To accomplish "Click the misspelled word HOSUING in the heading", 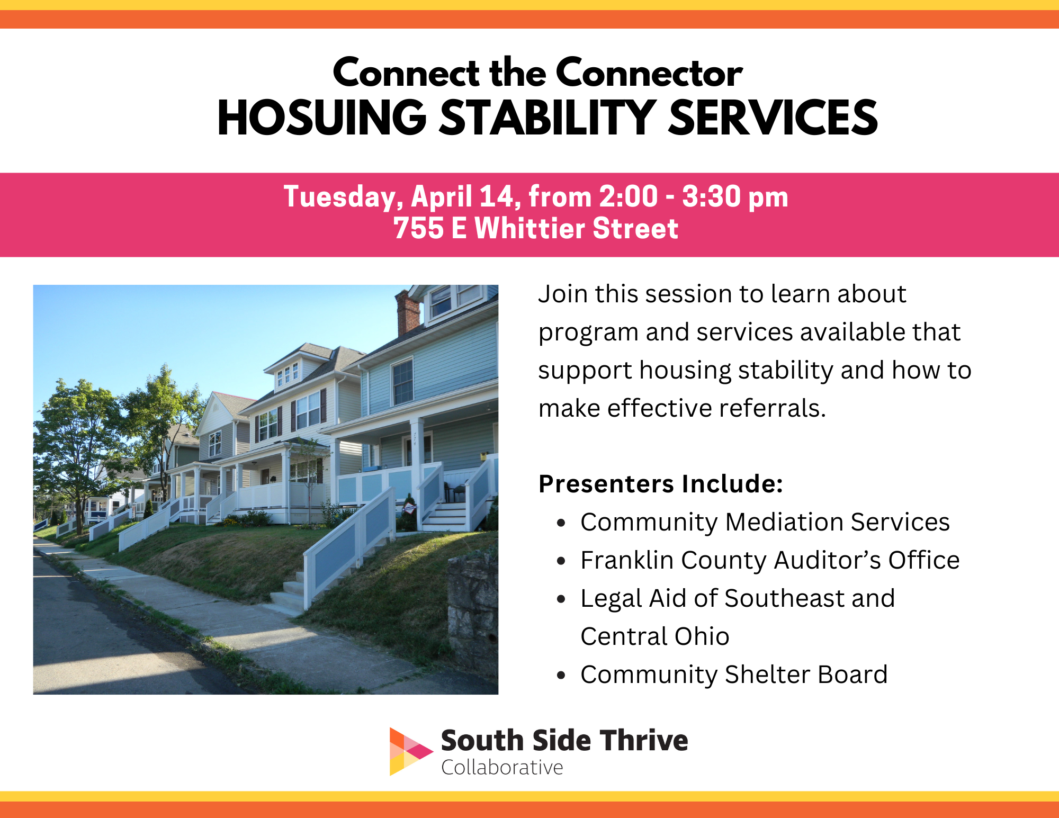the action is (x=322, y=118).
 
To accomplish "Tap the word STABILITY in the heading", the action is (x=548, y=118).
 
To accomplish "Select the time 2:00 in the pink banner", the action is (x=629, y=196).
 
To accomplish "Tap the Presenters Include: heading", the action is (x=661, y=484).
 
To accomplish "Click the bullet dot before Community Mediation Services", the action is (x=561, y=523).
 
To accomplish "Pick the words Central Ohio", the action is (x=655, y=636).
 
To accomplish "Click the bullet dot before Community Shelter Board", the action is (x=561, y=676).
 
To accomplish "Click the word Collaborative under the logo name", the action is (x=502, y=768).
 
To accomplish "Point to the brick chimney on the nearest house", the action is (x=408, y=313).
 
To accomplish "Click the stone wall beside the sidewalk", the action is (x=472, y=614).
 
